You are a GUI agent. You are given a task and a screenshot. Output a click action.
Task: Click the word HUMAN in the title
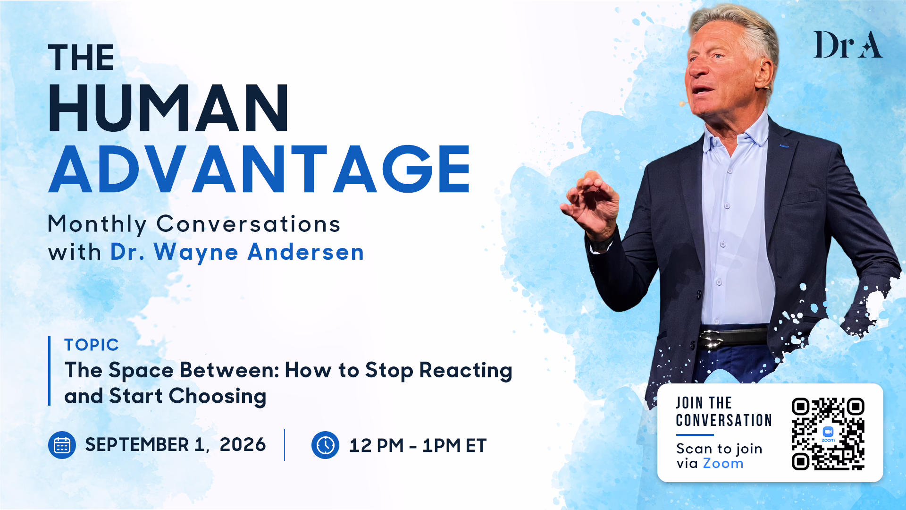click(x=168, y=108)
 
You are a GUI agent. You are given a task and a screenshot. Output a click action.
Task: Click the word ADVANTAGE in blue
click(x=260, y=169)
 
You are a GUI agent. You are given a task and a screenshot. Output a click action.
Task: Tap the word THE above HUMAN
click(x=81, y=58)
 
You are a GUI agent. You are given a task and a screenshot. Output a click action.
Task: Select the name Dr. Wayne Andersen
click(x=237, y=252)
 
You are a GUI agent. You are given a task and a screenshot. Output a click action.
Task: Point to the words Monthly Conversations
click(x=194, y=224)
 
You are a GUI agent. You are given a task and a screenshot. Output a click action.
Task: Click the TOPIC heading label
click(x=92, y=345)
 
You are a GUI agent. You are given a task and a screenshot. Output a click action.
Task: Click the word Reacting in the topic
click(x=466, y=371)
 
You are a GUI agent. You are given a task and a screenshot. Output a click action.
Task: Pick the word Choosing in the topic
click(x=218, y=397)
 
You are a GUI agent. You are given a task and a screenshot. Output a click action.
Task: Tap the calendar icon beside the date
click(x=62, y=445)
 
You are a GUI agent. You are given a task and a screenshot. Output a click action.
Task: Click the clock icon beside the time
click(x=325, y=445)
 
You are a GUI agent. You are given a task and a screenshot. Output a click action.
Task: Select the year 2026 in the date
click(x=243, y=445)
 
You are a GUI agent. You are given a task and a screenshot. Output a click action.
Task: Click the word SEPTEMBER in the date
click(x=137, y=445)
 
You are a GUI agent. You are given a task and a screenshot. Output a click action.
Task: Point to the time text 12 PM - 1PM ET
click(x=418, y=445)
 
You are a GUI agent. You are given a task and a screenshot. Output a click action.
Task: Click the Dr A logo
click(x=848, y=45)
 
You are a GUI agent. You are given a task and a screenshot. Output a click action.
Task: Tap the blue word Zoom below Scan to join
click(x=723, y=463)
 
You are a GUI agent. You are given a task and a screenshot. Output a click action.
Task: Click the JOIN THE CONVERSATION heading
click(x=724, y=411)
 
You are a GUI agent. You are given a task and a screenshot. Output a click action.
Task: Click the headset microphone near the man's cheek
click(x=682, y=103)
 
